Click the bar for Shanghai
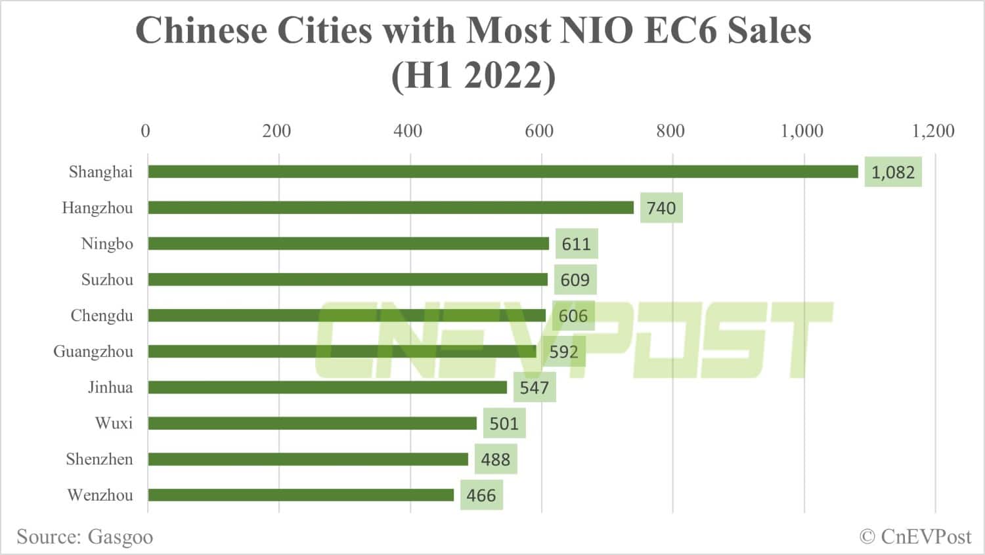502,172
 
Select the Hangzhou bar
391,208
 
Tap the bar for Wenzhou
301,495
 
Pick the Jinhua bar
327,388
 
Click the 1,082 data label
892,172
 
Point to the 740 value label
661,208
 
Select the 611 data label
576,244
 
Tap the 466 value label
481,495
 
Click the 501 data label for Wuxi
504,423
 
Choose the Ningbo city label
107,244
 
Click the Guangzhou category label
93,352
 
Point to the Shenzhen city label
99,459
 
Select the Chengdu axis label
102,316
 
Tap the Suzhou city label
107,280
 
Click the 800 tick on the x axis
670,131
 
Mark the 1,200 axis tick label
932,131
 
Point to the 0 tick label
145,131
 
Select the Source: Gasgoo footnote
85,537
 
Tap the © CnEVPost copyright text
915,537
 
